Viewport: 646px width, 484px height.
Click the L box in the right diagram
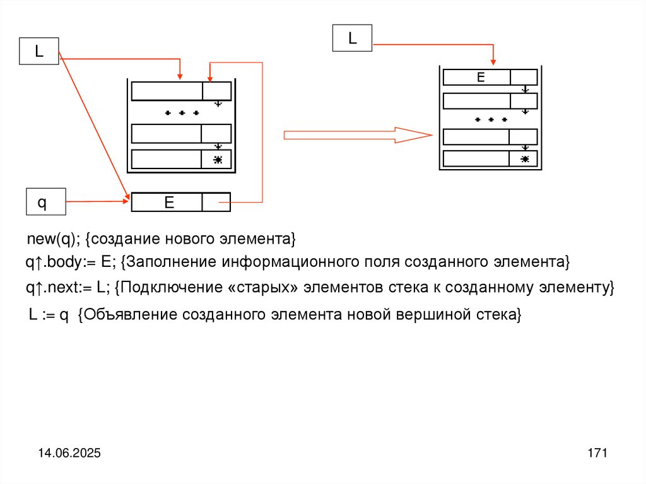tap(353, 38)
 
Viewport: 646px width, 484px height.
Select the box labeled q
tap(42, 203)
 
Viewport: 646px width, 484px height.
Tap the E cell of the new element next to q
tap(167, 202)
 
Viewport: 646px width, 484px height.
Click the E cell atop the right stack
tap(477, 77)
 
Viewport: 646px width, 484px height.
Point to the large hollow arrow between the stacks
tap(358, 134)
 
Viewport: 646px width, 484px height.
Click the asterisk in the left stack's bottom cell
tap(218, 160)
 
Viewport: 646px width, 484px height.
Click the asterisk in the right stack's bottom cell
tap(525, 160)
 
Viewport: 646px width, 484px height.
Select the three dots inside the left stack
tap(182, 113)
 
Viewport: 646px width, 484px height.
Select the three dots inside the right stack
tap(491, 119)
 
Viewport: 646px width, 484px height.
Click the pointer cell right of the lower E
tap(216, 202)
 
